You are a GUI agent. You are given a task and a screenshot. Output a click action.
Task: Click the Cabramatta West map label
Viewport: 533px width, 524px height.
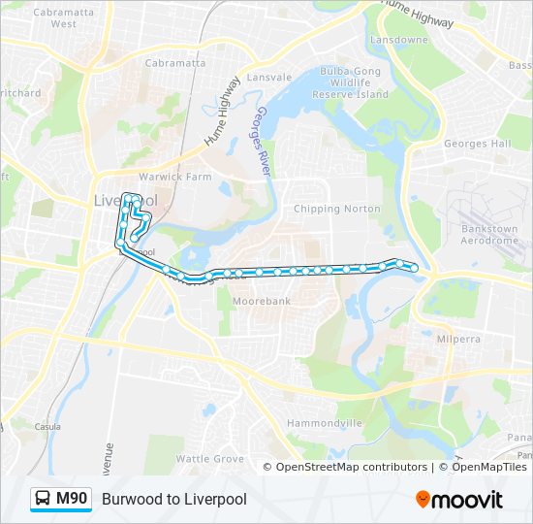[x=55, y=17]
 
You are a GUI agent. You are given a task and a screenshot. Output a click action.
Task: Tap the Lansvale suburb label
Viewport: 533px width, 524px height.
[x=269, y=77]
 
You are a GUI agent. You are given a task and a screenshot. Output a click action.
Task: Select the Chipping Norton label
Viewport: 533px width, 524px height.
[x=330, y=209]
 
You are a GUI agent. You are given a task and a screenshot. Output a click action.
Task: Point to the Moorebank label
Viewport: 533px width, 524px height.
[x=262, y=302]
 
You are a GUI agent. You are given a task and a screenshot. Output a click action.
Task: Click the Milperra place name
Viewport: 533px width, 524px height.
[x=456, y=340]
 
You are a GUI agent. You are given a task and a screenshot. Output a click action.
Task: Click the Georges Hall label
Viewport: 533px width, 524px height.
[x=477, y=144]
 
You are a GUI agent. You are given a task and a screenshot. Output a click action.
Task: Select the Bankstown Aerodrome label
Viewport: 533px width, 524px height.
[x=489, y=235]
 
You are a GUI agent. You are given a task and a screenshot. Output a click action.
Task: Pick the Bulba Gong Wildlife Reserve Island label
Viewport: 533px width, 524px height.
[x=353, y=82]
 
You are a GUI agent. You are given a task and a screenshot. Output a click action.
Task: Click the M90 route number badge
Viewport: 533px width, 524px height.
[x=72, y=499]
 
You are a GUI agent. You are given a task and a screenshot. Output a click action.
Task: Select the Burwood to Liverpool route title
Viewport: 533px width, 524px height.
[x=174, y=499]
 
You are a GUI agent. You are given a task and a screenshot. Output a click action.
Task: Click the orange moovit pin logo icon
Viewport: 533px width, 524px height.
[x=423, y=499]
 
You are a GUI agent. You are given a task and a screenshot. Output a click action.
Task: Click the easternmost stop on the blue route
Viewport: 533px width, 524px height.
[x=415, y=268]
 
